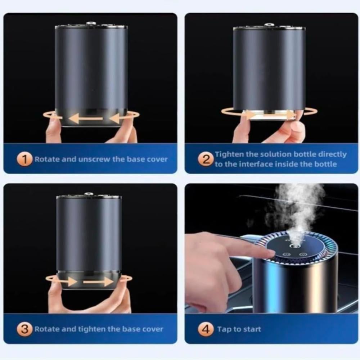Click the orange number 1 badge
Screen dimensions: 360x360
tap(24, 159)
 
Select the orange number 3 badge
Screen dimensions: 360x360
tap(24, 329)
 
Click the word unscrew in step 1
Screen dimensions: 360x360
tap(94, 159)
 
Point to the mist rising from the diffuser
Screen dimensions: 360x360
tap(296, 213)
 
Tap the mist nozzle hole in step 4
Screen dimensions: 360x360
tap(293, 246)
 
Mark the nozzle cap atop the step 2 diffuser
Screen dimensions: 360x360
tap(269, 25)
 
